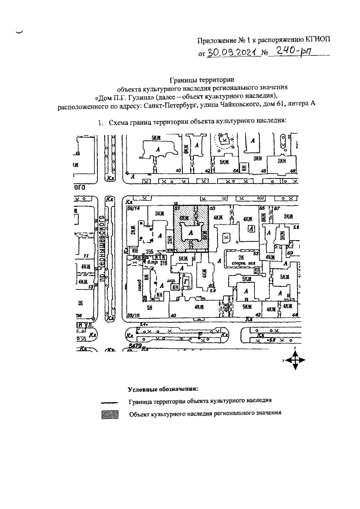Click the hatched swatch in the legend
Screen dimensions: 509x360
111,415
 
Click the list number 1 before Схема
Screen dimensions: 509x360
100,121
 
